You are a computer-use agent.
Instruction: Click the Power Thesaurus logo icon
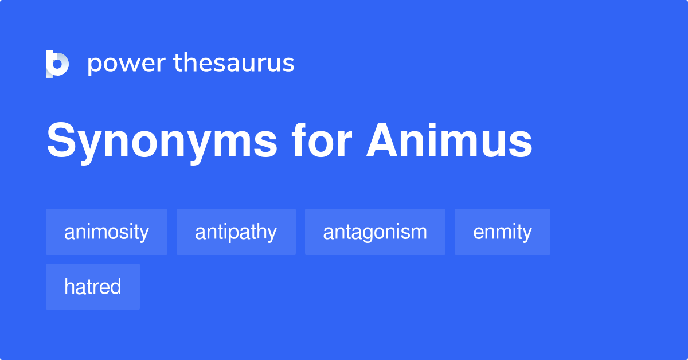57,64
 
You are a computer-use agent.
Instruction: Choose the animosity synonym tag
107,232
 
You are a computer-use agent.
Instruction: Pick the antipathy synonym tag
236,232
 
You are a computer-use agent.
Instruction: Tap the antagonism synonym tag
375,232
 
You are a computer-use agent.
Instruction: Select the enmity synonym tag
502,232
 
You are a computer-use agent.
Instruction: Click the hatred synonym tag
93,287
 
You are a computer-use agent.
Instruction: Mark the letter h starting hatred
69,286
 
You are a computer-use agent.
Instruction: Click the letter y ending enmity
527,234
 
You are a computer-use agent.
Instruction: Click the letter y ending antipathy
272,234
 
